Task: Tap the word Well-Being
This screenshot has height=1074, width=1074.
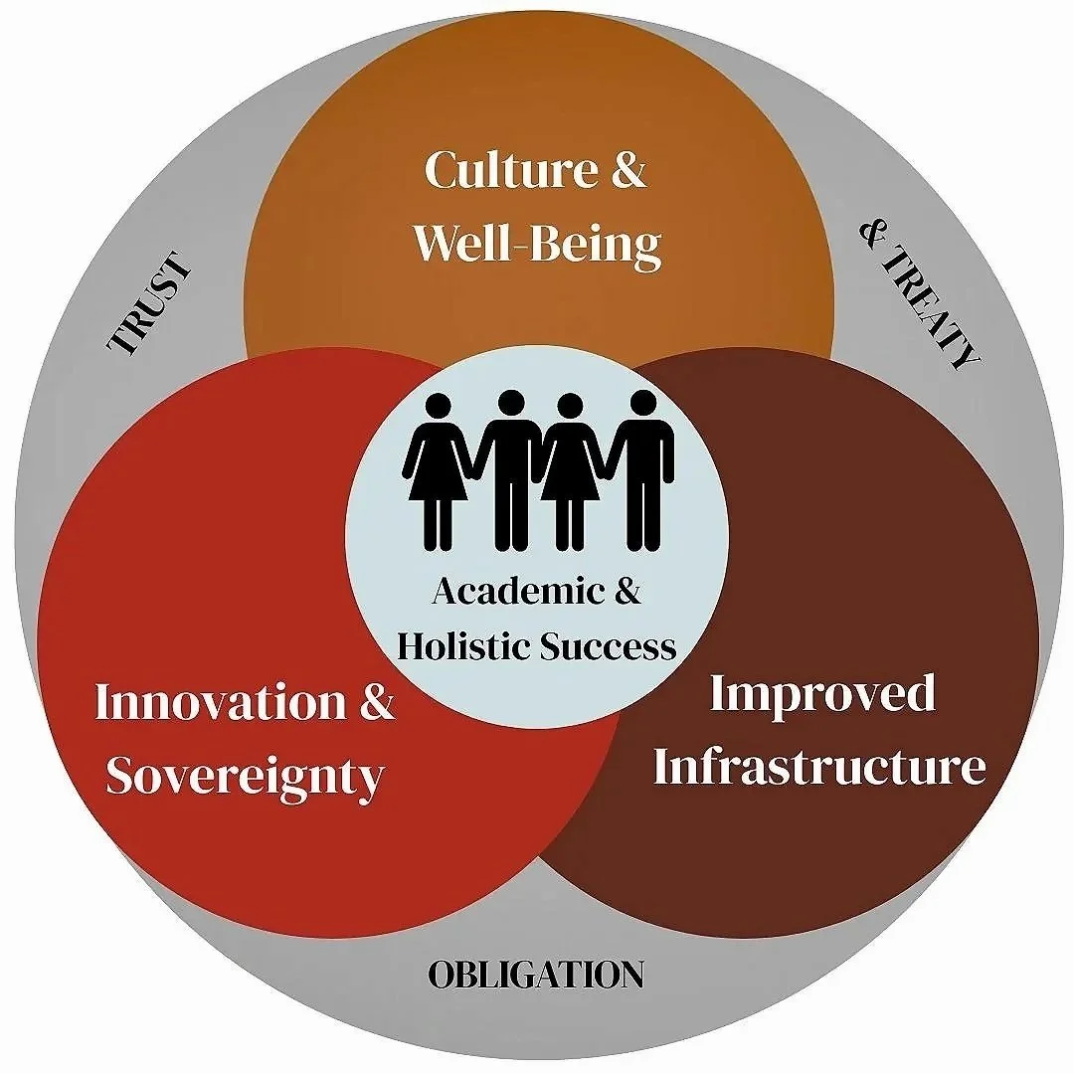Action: pos(537,243)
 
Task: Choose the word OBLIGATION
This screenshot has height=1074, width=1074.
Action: pos(536,975)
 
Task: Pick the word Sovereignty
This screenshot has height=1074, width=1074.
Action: pos(245,776)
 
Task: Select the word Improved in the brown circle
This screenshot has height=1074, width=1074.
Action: pos(821,693)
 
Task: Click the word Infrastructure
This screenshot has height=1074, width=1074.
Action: pos(819,768)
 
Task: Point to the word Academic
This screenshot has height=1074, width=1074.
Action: pos(504,593)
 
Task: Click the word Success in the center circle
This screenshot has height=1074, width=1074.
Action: pos(610,646)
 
